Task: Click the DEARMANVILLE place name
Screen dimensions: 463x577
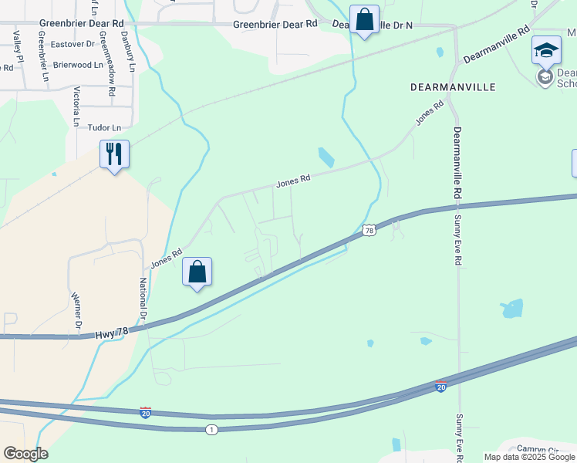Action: pyautogui.click(x=452, y=87)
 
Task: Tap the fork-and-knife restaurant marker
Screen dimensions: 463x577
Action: pyautogui.click(x=114, y=154)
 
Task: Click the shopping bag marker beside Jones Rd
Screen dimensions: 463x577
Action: pyautogui.click(x=197, y=272)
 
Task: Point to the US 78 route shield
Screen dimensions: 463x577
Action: pyautogui.click(x=369, y=230)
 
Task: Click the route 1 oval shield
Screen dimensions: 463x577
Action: pyautogui.click(x=212, y=428)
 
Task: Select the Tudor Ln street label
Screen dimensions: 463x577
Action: pyautogui.click(x=106, y=127)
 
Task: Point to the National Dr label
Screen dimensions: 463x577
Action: pyautogui.click(x=143, y=299)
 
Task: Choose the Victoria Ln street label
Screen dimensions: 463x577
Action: pyautogui.click(x=76, y=106)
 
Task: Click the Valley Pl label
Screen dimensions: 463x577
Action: pyautogui.click(x=15, y=48)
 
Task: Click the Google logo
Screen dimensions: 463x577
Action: pyautogui.click(x=25, y=454)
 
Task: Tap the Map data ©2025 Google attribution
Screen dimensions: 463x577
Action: pyautogui.click(x=529, y=457)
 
